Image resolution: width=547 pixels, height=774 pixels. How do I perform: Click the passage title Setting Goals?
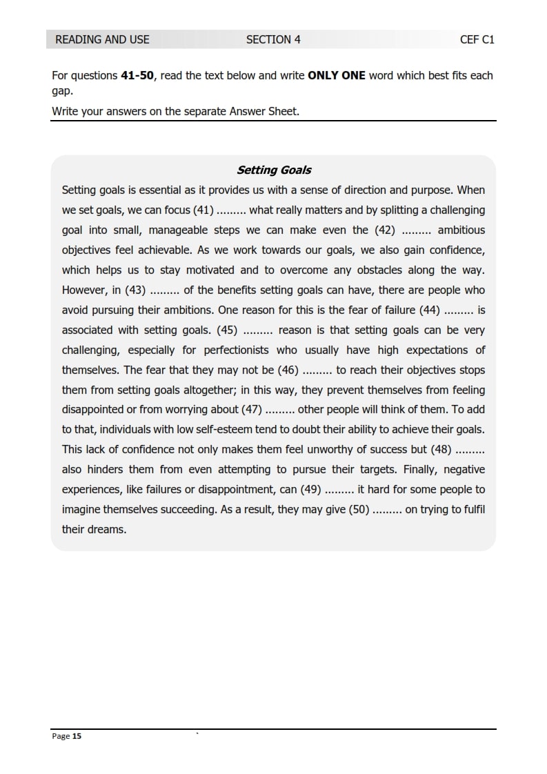pyautogui.click(x=274, y=170)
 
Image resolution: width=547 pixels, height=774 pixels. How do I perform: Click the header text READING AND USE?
pyautogui.click(x=102, y=39)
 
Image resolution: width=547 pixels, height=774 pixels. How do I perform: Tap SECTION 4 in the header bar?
pyautogui.click(x=273, y=39)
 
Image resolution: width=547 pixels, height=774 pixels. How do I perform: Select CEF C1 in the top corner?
pyautogui.click(x=477, y=39)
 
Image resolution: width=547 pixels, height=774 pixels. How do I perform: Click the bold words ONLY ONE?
pyautogui.click(x=337, y=75)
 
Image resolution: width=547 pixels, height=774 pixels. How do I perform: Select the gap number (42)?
pyautogui.click(x=385, y=230)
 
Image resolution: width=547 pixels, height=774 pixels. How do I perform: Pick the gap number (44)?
pyautogui.click(x=430, y=310)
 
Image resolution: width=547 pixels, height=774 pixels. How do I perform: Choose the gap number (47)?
pyautogui.click(x=250, y=410)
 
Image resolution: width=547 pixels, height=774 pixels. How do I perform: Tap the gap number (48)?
pyautogui.click(x=441, y=450)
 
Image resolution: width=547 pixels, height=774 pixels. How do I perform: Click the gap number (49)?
pyautogui.click(x=311, y=490)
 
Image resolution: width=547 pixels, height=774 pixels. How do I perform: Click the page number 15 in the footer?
pyautogui.click(x=77, y=737)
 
